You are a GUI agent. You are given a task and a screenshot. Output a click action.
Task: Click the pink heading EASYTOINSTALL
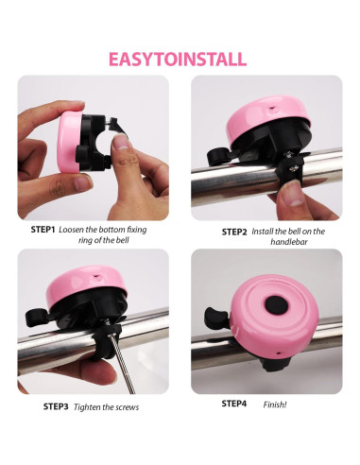[179, 59]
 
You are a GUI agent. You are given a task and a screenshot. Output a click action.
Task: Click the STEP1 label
[43, 229]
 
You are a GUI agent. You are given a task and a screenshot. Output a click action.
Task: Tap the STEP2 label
[234, 232]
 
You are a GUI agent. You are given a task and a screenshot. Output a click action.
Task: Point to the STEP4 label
[234, 404]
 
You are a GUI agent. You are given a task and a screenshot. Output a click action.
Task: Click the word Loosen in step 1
[75, 229]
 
